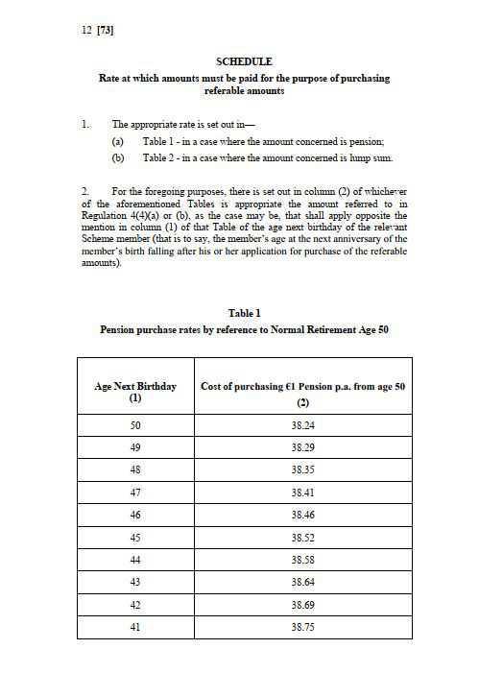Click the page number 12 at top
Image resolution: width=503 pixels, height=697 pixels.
[87, 30]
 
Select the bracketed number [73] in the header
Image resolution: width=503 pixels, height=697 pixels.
[107, 30]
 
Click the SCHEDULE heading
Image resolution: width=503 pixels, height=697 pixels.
[244, 61]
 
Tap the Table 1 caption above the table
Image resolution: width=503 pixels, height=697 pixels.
[244, 313]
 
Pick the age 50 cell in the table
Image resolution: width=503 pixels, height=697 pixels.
[135, 427]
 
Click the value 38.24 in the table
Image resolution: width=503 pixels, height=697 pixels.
[303, 427]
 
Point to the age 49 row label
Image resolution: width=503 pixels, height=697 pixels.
[135, 448]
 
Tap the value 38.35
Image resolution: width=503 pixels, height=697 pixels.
[303, 470]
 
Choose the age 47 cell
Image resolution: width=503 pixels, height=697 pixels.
[135, 492]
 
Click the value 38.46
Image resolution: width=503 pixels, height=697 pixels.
[303, 514]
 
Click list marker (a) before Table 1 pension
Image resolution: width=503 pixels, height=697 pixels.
[118, 141]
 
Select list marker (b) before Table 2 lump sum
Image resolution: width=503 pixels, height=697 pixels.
[118, 157]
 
